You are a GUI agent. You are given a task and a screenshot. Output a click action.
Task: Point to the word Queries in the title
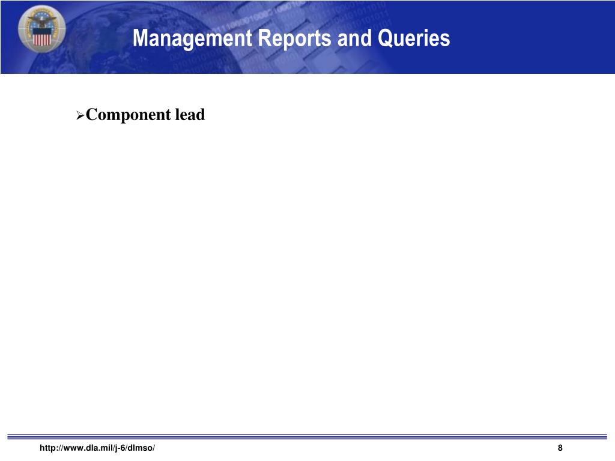414,38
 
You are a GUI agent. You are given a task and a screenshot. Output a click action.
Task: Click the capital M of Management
140,38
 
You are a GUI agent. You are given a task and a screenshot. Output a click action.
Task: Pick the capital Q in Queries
385,38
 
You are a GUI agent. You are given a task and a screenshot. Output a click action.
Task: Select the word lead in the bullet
190,115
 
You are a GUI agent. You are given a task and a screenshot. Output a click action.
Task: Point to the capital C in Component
92,115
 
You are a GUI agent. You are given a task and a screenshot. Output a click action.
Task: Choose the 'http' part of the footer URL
46,448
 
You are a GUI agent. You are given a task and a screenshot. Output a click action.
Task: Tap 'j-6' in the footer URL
123,448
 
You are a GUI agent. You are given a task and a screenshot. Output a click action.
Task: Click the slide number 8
560,448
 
